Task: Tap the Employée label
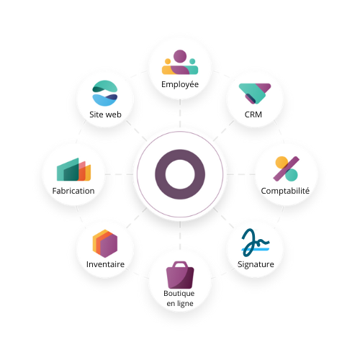coord(180,84)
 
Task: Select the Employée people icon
coord(180,62)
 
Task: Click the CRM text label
coord(253,114)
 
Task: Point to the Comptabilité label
coord(285,191)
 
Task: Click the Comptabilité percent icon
coord(287,168)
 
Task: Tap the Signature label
coord(256,264)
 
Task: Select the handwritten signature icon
coord(256,243)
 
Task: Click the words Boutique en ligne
coord(180,298)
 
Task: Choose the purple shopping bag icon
coord(180,275)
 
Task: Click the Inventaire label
coord(105,264)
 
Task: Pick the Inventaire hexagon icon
coord(105,243)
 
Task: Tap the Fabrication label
coord(73,191)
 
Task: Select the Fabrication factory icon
coord(73,169)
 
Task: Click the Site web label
coord(105,114)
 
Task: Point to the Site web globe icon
coord(105,93)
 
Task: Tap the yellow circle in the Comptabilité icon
coord(282,163)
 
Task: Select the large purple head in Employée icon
coord(180,56)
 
